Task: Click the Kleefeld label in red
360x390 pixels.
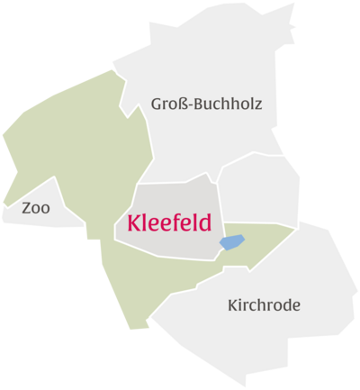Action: [x=169, y=222]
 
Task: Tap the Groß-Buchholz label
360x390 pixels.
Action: [x=207, y=104]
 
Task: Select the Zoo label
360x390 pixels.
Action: [x=36, y=209]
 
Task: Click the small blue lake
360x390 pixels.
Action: [x=232, y=242]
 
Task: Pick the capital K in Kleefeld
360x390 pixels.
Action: [x=135, y=222]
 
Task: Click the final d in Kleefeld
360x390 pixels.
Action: [x=205, y=222]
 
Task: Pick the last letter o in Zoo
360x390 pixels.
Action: [x=46, y=209]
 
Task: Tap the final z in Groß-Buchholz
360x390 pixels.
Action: [x=258, y=105]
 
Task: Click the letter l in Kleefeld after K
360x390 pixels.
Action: [x=146, y=222]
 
